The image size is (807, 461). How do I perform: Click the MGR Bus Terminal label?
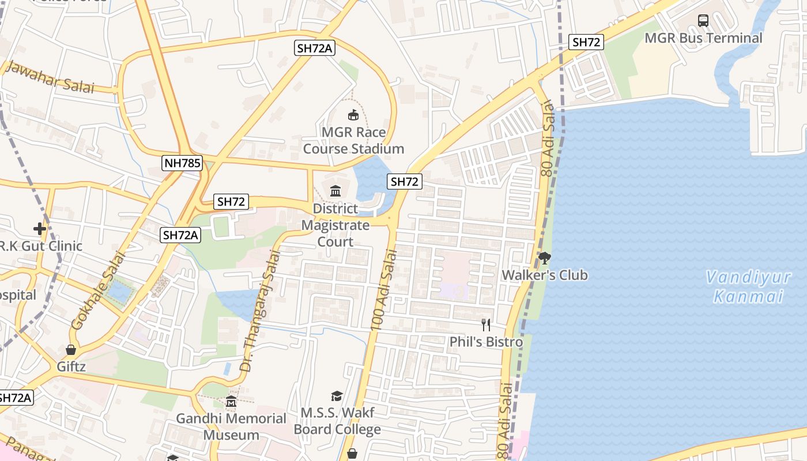[x=703, y=38]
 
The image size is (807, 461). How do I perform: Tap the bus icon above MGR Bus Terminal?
[x=703, y=21]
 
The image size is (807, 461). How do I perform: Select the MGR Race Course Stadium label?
[x=353, y=141]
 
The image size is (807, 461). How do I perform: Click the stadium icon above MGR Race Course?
[x=353, y=115]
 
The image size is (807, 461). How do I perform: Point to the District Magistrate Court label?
[x=335, y=225]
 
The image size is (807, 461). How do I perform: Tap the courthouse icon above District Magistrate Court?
[x=335, y=191]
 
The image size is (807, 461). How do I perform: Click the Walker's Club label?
[x=545, y=275]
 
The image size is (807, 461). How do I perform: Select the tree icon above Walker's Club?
[x=545, y=258]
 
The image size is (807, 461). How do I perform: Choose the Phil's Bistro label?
[x=486, y=342]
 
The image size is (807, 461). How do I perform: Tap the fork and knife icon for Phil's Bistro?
[x=486, y=325]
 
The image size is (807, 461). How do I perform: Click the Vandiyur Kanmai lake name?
[x=749, y=287]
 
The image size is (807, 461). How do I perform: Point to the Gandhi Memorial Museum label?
[x=231, y=426]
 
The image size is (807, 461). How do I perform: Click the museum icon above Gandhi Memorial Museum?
[x=231, y=401]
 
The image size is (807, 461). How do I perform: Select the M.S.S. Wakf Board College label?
[x=337, y=421]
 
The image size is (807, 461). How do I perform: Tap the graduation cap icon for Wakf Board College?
[x=337, y=396]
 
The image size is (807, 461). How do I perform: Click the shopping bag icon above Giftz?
[x=70, y=350]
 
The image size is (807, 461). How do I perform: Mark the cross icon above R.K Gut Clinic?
[x=39, y=229]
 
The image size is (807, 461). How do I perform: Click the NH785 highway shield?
[x=182, y=163]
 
